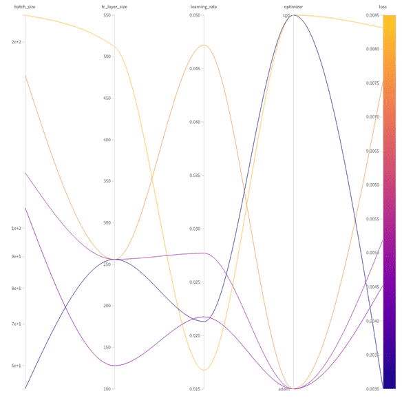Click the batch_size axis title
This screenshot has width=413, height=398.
[25, 7]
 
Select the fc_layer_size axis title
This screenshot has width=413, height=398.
[114, 7]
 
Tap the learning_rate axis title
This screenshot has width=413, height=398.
[204, 7]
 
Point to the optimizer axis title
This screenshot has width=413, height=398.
[293, 7]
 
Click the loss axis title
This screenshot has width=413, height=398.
[383, 7]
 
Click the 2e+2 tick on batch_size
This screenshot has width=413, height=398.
[16, 42]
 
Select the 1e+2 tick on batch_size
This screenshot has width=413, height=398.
[16, 229]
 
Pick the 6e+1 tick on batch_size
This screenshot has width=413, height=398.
[16, 366]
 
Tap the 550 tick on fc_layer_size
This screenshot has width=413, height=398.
[107, 15]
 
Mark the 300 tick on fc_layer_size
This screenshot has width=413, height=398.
[107, 222]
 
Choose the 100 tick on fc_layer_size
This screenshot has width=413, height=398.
[107, 389]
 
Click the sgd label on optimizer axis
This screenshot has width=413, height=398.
[286, 15]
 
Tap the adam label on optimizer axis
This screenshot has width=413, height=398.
[284, 389]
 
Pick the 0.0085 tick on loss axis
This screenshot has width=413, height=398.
[372, 15]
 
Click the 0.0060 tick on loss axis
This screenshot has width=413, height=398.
[372, 185]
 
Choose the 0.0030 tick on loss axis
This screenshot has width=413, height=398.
[372, 389]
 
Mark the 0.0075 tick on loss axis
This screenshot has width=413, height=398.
[372, 83]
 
